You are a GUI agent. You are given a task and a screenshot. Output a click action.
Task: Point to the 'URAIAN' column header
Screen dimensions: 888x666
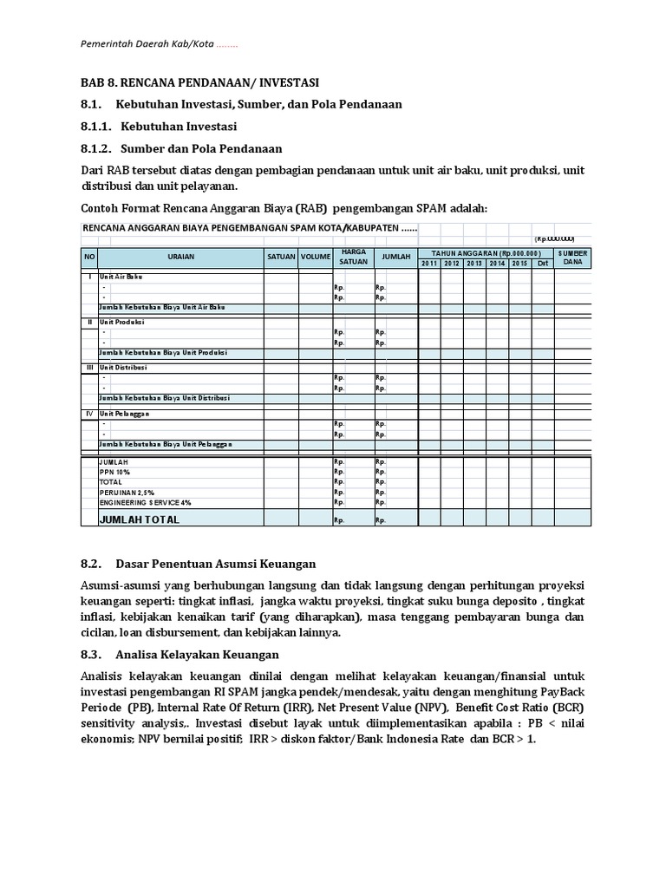(181, 257)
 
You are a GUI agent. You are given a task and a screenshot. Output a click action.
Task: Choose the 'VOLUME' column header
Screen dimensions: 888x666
(316, 257)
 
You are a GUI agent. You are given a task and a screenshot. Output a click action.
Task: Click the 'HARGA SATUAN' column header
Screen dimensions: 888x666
(353, 257)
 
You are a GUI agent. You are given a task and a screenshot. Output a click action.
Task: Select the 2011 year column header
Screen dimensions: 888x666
(429, 263)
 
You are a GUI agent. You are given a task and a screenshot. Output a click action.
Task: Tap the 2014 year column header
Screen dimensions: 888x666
(497, 263)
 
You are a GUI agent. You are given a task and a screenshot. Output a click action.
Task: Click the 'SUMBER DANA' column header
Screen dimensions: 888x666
(573, 257)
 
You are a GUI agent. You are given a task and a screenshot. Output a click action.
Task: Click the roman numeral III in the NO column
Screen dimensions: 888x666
(88, 367)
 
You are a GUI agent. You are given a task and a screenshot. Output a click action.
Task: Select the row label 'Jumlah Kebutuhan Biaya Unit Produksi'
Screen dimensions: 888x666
(163, 353)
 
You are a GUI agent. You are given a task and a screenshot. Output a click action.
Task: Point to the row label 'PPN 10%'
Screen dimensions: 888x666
(114, 472)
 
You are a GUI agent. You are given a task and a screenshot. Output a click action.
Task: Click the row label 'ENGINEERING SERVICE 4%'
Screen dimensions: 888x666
(146, 502)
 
